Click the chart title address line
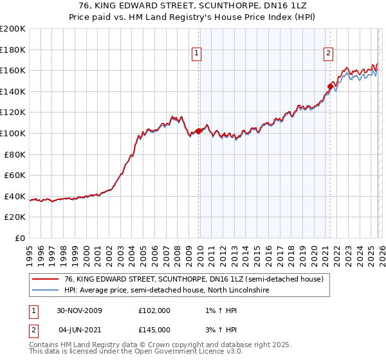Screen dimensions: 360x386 [x=192, y=6]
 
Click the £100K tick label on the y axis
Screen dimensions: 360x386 [x=13, y=133]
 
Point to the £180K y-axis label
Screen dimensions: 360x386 [x=13, y=50]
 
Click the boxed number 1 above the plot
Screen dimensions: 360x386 [x=196, y=53]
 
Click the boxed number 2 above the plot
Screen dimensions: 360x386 [x=328, y=53]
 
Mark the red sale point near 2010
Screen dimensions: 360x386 [x=198, y=130]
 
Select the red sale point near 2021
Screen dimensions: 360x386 [x=330, y=85]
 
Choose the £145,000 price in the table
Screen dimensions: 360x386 [x=154, y=330]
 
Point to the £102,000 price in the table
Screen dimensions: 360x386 [x=154, y=310]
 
